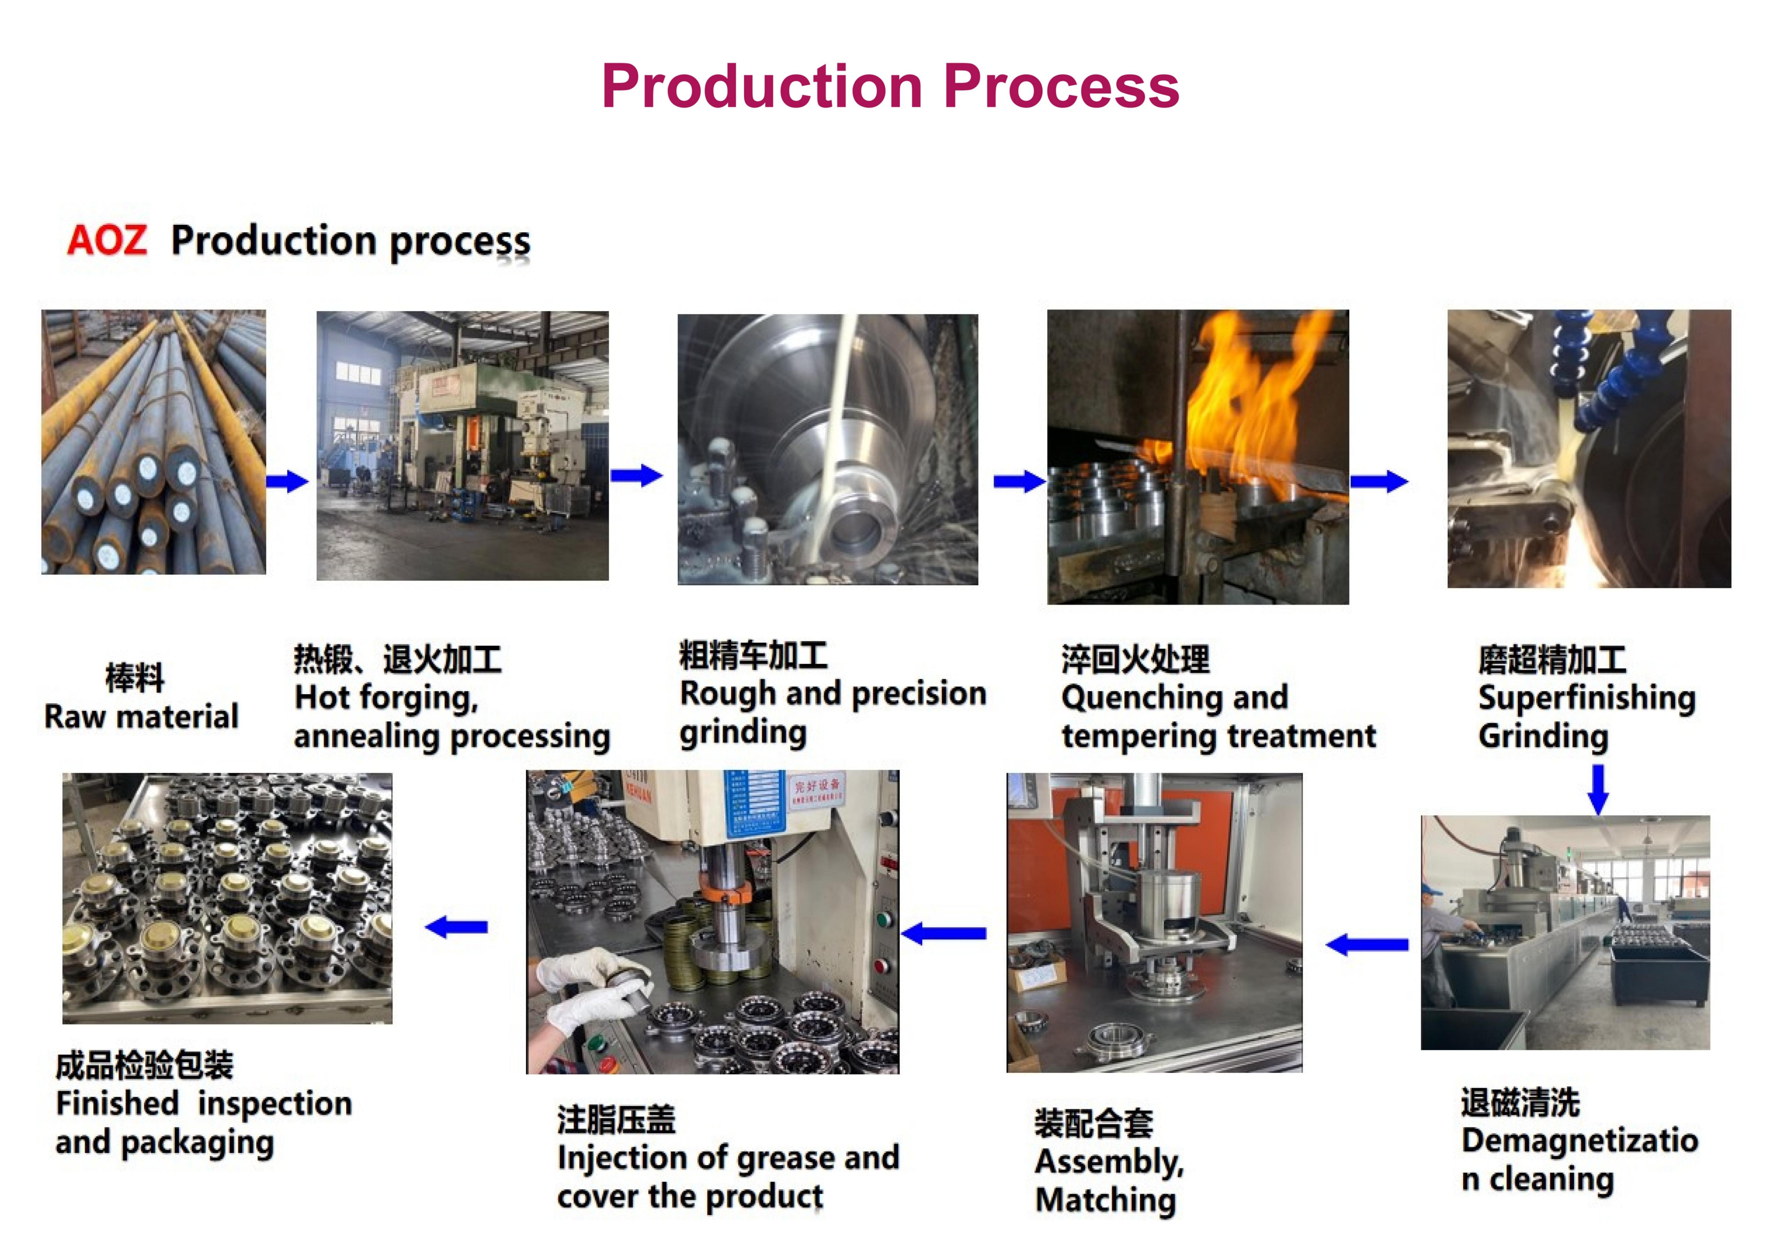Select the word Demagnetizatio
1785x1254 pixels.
click(1580, 1140)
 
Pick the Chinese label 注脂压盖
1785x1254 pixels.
click(617, 1119)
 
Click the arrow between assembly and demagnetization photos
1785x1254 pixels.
click(1367, 945)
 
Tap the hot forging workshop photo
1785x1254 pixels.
click(463, 446)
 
